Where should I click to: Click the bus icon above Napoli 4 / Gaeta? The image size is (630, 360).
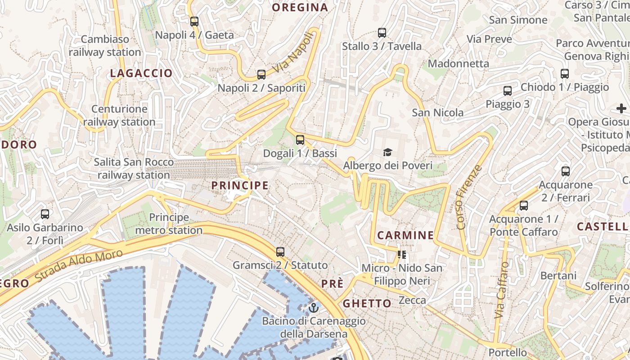click(x=194, y=21)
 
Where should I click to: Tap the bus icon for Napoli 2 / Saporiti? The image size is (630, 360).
click(x=261, y=74)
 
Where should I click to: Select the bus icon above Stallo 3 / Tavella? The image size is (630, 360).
click(x=382, y=32)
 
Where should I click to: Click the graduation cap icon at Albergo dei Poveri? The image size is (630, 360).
click(x=387, y=153)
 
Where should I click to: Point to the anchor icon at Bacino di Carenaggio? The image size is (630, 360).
click(x=314, y=308)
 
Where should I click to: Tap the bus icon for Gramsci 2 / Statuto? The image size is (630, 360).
click(x=280, y=252)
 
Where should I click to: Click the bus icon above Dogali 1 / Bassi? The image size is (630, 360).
click(x=300, y=139)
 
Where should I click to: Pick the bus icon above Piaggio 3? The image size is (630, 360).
click(x=508, y=90)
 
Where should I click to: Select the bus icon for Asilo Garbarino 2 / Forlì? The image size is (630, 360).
click(x=45, y=214)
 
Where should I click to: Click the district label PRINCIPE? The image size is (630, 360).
click(x=240, y=185)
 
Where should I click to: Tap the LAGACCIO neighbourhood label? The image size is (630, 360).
click(x=141, y=73)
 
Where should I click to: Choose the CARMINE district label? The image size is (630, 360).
click(x=405, y=235)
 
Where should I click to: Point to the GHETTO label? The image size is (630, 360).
click(x=367, y=303)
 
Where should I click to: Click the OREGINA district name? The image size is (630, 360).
click(x=300, y=8)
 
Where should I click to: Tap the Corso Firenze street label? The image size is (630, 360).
click(x=469, y=197)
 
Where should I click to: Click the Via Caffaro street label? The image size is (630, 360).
click(x=501, y=290)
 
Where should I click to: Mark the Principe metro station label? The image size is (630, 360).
click(x=169, y=224)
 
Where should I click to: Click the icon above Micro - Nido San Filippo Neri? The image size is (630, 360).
click(x=402, y=255)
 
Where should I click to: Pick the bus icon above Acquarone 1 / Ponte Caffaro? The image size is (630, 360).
click(x=524, y=206)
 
